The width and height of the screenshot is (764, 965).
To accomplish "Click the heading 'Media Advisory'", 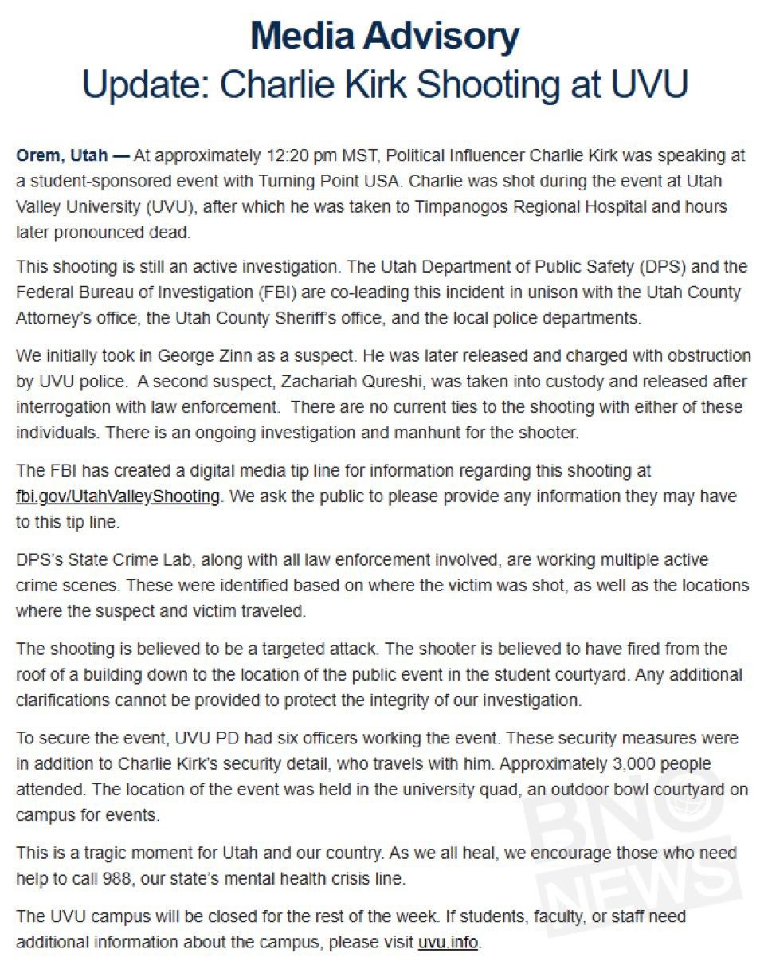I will pos(384,36).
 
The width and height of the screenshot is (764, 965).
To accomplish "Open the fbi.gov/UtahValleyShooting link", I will pos(117,496).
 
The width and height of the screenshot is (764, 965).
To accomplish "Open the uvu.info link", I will pos(448,941).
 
